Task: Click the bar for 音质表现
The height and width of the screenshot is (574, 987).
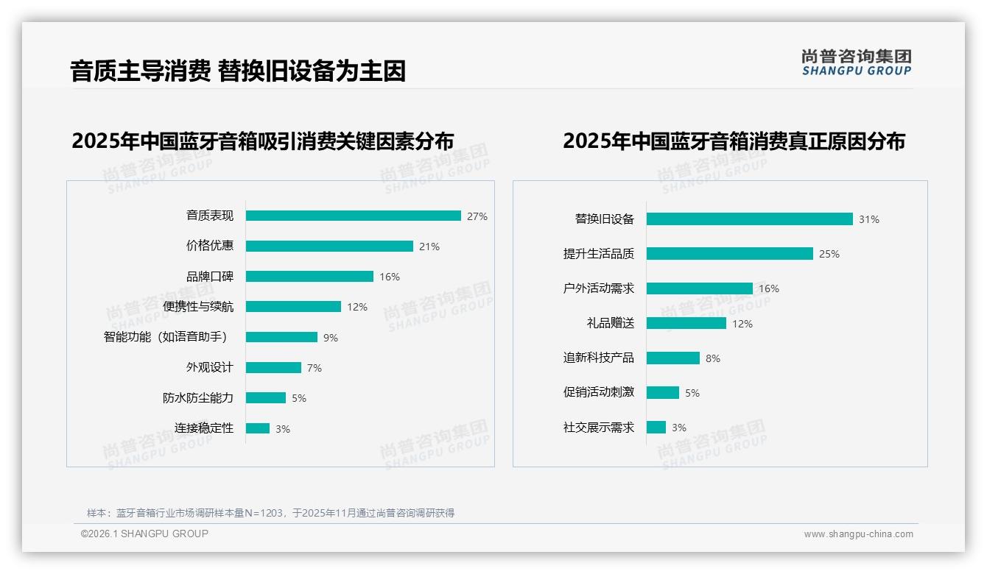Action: tap(353, 216)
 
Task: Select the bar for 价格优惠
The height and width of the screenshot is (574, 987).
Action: tap(329, 246)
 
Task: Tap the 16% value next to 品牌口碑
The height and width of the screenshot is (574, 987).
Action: tap(390, 277)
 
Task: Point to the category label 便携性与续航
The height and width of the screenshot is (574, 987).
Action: tap(198, 307)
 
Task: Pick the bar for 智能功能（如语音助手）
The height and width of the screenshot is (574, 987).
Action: tap(281, 337)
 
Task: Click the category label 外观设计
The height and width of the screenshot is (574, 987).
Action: tap(209, 367)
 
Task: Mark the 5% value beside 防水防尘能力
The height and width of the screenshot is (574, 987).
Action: tap(298, 398)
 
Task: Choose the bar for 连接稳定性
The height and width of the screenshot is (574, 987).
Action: tap(258, 428)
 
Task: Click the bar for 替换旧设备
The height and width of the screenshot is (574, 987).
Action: tap(749, 219)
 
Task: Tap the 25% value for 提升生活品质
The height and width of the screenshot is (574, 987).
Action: tap(829, 254)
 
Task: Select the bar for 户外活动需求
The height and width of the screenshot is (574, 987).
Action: tap(699, 288)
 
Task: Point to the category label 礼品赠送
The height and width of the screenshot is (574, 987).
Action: tap(610, 323)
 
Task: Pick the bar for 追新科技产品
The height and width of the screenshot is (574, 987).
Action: tap(672, 358)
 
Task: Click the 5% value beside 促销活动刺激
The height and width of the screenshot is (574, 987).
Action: tap(692, 393)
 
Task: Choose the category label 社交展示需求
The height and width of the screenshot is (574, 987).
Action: tap(598, 428)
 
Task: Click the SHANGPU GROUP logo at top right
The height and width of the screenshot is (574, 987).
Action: tap(856, 62)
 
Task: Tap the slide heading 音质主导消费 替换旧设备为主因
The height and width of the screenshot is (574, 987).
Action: tap(238, 71)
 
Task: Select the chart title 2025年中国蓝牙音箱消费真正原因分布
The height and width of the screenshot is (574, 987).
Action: tap(734, 141)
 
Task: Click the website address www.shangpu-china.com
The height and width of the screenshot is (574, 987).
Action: tap(858, 534)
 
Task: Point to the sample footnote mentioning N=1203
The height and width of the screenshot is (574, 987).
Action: tap(270, 513)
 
